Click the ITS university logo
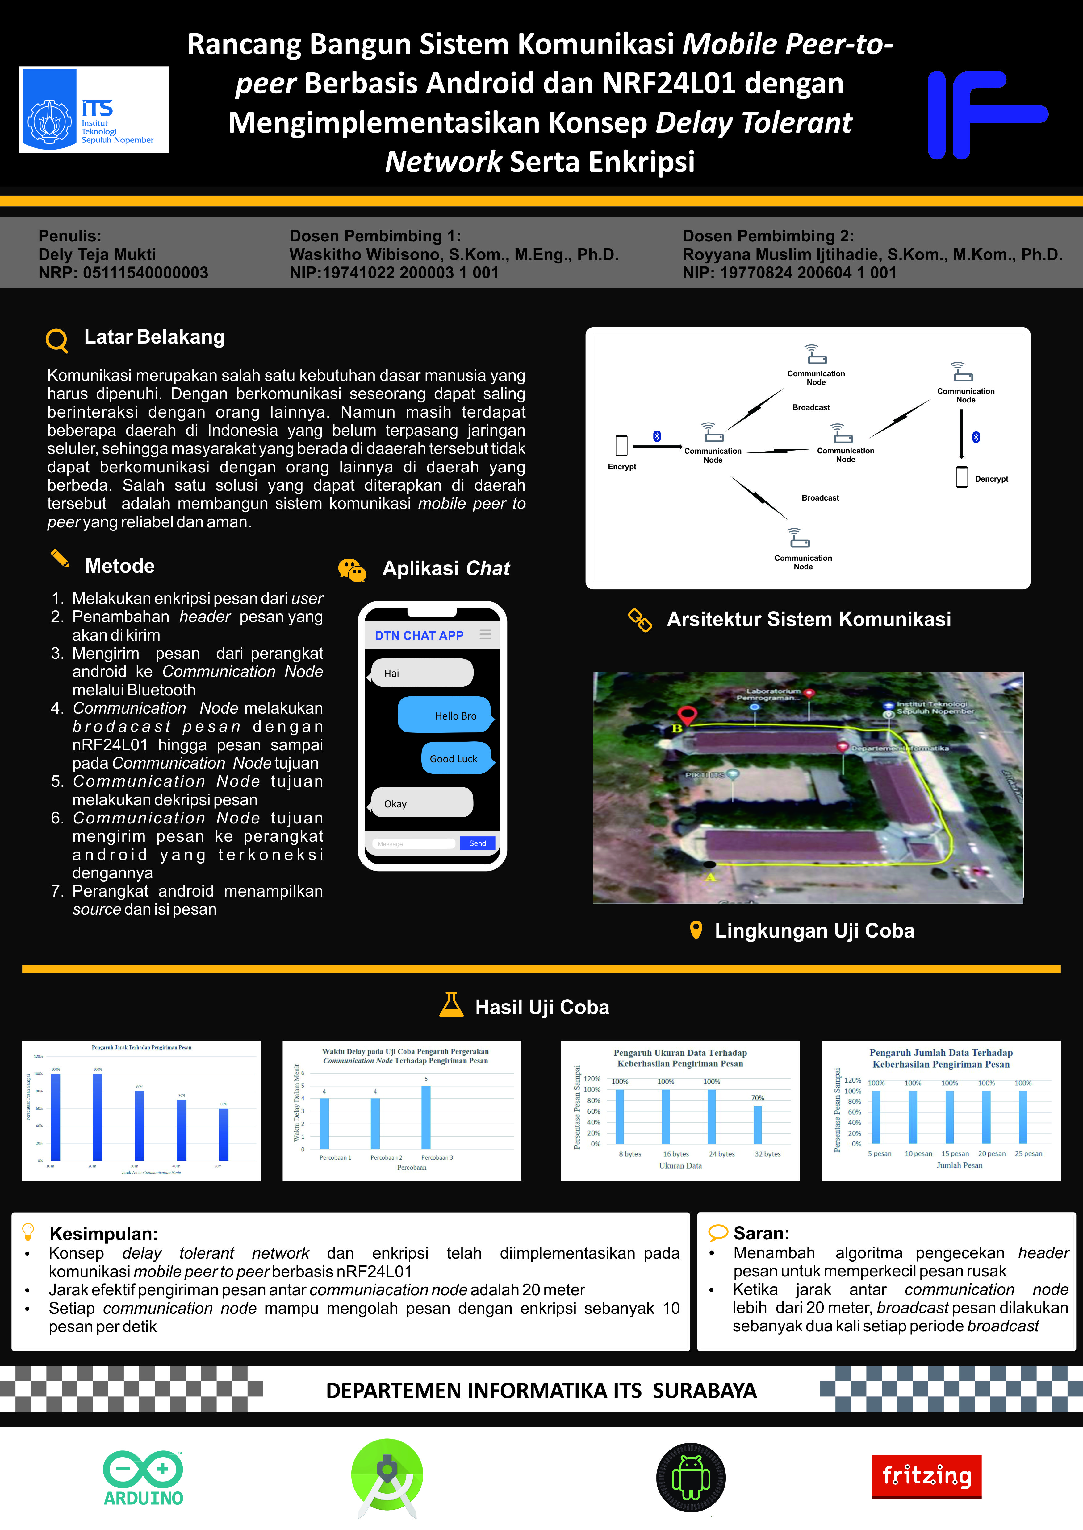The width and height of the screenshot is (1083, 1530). (x=93, y=109)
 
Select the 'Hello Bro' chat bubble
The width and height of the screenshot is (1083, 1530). (x=445, y=715)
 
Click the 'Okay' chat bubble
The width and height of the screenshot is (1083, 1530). (x=422, y=803)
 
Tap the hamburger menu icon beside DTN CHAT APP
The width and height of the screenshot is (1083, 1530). (x=486, y=634)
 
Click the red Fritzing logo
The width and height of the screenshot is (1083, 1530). (x=926, y=1475)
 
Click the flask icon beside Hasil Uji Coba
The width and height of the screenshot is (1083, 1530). (x=451, y=1004)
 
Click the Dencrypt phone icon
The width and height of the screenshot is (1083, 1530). (x=962, y=477)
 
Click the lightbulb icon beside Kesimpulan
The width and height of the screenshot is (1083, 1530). (x=28, y=1231)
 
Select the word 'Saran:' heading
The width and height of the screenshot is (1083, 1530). (x=761, y=1233)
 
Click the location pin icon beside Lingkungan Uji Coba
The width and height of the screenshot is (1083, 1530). (x=696, y=930)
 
